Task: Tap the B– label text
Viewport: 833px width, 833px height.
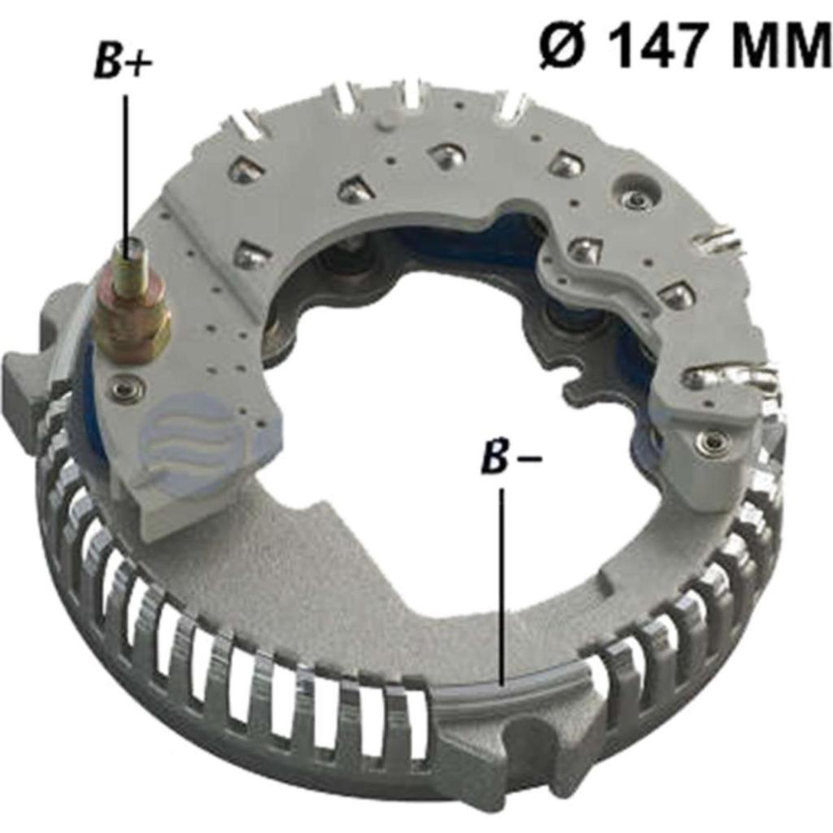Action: (511, 458)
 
